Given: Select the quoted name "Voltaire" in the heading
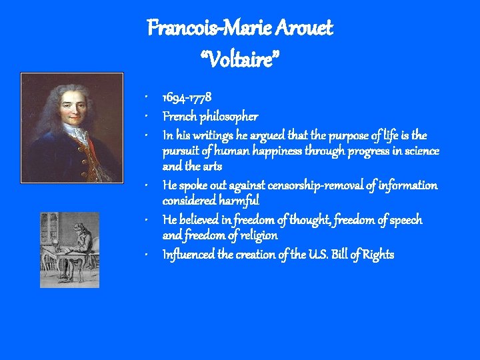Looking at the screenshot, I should [x=239, y=62].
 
